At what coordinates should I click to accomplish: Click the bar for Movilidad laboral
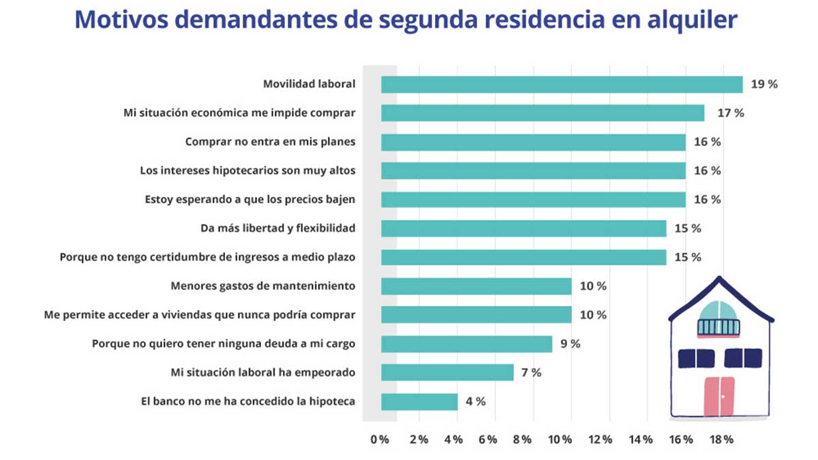click(562, 85)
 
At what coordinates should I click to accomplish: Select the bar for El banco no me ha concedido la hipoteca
click(419, 401)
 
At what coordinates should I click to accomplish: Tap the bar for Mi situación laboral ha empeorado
click(447, 373)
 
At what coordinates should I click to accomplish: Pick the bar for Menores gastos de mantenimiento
click(476, 286)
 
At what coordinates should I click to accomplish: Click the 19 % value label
click(763, 85)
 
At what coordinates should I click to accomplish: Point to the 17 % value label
click(729, 113)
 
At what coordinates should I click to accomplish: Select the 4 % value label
click(475, 401)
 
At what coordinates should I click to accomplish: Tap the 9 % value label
click(570, 344)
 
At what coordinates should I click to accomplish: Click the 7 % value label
click(531, 373)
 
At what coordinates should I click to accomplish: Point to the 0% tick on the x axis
click(380, 440)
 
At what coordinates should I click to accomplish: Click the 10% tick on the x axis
click(559, 440)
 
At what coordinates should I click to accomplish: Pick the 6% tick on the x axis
click(487, 440)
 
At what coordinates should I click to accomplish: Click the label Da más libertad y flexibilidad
click(277, 228)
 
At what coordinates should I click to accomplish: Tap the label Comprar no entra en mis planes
click(270, 142)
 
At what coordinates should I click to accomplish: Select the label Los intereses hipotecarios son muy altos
click(247, 170)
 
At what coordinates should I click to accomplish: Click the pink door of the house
click(719, 395)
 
